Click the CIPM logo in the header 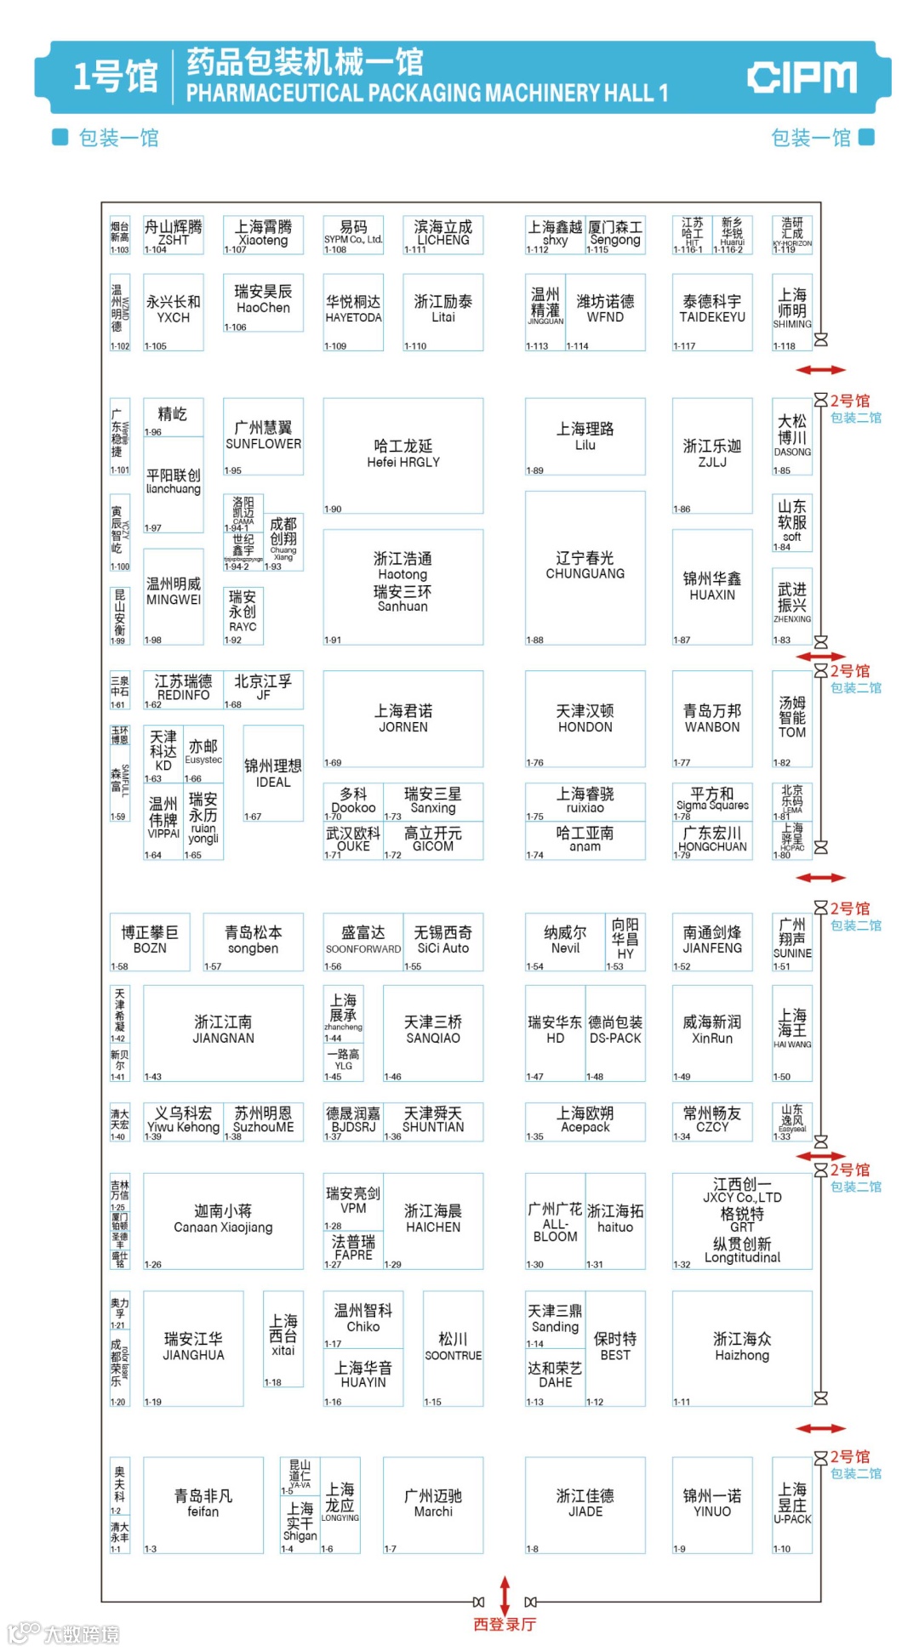pos(802,77)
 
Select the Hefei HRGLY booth pos(403,455)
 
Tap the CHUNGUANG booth pos(585,566)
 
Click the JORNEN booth pos(403,719)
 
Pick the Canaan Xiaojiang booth pos(223,1220)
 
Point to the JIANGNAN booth pos(223,1031)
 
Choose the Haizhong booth pos(742,1347)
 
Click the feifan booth pos(203,1504)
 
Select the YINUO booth pos(712,1504)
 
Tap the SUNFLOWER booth pos(263,436)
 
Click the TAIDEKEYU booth pos(712,310)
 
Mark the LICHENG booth pos(442,234)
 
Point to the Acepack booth pos(585,1120)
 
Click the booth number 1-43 pos(153,1077)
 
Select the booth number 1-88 pos(534,640)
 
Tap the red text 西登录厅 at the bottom pos(505,1625)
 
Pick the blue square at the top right pos(866,137)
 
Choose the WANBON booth pos(712,719)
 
